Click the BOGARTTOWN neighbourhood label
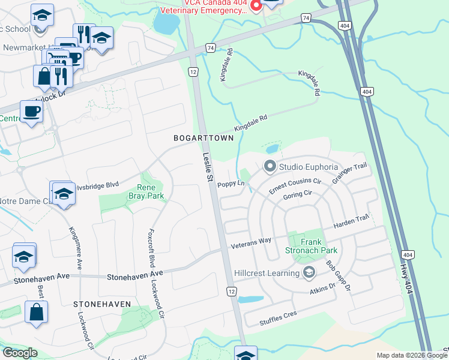point(203,138)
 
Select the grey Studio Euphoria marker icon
point(270,166)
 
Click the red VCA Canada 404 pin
point(256,6)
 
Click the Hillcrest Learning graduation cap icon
point(309,273)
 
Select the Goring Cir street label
point(298,197)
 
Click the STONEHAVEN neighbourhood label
point(102,304)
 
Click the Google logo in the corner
point(20,353)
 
